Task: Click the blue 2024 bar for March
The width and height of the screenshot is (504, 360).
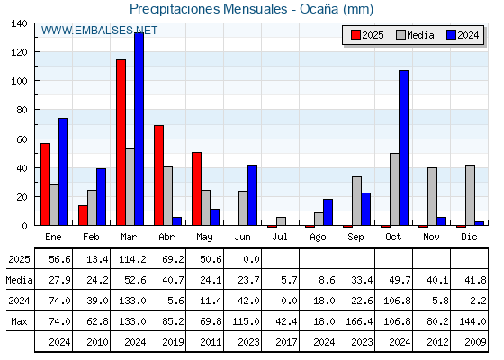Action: tap(139, 129)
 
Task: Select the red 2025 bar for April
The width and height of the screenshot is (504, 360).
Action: tap(158, 175)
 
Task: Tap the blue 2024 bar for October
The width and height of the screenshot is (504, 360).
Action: tap(404, 148)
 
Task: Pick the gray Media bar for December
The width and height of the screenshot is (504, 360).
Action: tap(470, 195)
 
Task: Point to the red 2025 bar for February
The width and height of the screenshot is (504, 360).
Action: tap(83, 215)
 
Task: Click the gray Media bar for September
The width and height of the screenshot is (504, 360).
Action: tap(356, 201)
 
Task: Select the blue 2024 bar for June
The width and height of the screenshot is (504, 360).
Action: tap(252, 195)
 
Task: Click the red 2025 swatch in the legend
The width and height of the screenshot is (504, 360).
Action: tap(355, 35)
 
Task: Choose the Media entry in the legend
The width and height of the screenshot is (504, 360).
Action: tap(415, 35)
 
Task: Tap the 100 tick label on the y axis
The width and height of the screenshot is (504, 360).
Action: tap(19, 81)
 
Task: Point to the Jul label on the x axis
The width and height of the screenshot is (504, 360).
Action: tap(280, 237)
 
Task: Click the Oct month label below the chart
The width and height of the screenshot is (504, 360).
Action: tap(393, 237)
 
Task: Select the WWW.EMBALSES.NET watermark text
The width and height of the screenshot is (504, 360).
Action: tap(99, 31)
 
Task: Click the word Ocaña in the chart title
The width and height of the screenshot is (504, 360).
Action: tap(319, 9)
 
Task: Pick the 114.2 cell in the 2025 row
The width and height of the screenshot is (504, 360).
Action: tap(133, 259)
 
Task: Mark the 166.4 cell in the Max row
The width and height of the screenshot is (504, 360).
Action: tap(359, 321)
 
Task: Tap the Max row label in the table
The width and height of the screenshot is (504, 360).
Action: tap(19, 321)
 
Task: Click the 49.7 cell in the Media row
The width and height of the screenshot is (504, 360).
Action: tap(400, 280)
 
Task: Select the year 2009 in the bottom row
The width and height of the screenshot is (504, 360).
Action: tap(475, 342)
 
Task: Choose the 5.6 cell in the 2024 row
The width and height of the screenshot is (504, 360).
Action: tap(176, 301)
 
